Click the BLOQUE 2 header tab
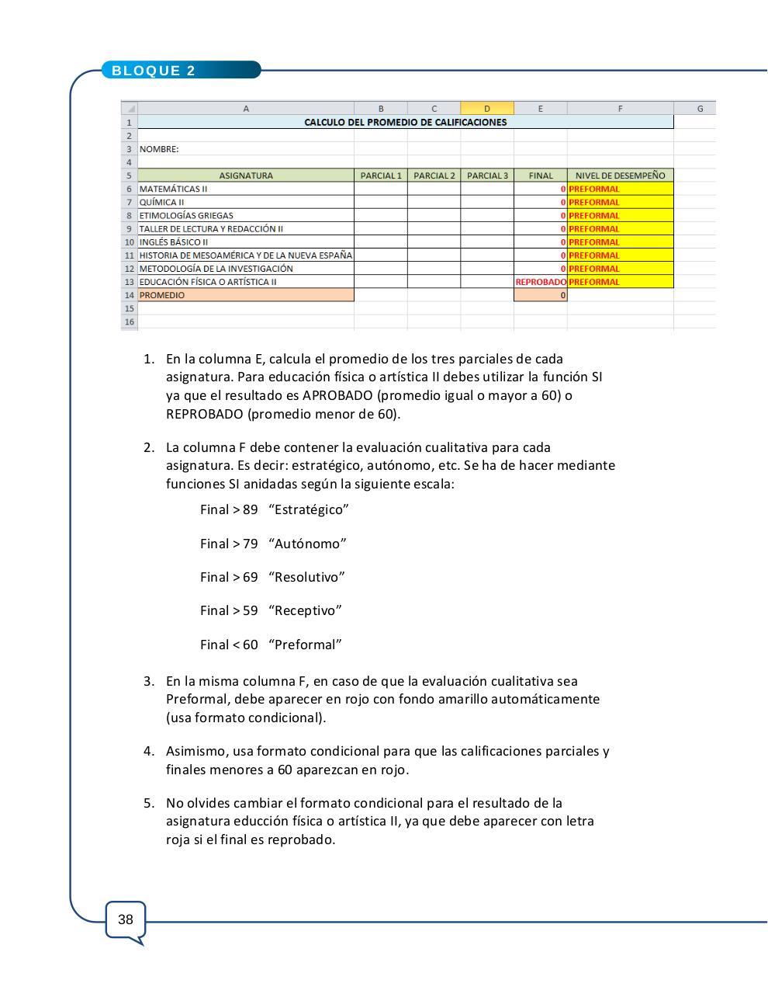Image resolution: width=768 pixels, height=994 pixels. (x=154, y=71)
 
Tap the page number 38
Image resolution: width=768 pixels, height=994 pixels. (x=126, y=919)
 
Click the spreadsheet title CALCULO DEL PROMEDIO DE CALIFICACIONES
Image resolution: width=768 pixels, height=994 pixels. (x=405, y=122)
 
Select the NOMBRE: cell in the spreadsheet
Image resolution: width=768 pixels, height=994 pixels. (x=159, y=149)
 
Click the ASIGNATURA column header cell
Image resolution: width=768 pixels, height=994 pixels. (x=246, y=176)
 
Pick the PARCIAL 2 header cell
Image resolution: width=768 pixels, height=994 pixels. (x=434, y=176)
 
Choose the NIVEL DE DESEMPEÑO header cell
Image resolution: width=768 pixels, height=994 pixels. (x=620, y=176)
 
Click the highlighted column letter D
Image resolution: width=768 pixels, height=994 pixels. (x=486, y=109)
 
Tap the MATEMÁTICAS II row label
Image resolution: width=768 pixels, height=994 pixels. (x=174, y=189)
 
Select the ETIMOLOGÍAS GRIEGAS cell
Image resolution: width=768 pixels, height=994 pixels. (x=186, y=215)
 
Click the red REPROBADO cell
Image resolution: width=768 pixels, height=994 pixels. (x=541, y=282)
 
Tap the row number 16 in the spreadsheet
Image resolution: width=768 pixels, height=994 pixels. (x=130, y=321)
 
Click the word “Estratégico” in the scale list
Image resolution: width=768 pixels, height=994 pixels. (x=309, y=509)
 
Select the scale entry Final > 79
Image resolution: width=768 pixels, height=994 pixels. (x=229, y=544)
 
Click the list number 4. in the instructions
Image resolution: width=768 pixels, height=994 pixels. (x=148, y=751)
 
